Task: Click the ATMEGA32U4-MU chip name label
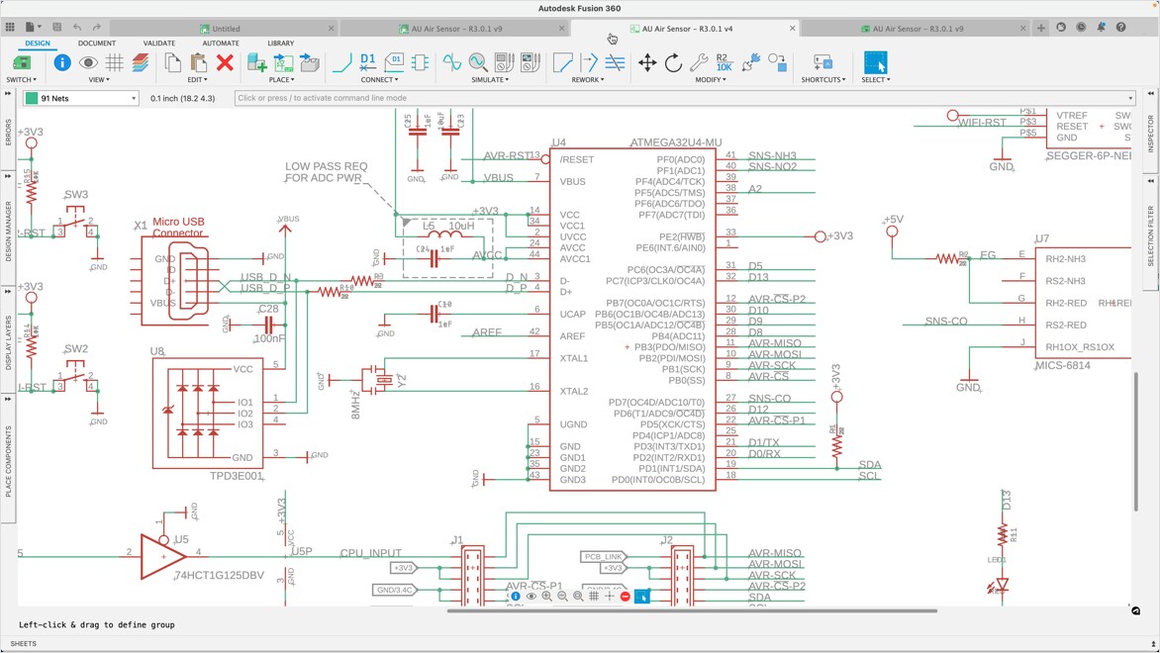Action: click(676, 142)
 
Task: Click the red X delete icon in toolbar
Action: click(225, 63)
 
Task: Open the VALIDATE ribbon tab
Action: click(158, 44)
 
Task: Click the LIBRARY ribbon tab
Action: click(280, 44)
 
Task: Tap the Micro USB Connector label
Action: click(178, 229)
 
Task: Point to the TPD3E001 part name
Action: click(236, 476)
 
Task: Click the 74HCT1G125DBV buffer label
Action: click(219, 575)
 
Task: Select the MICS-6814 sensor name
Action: click(1062, 365)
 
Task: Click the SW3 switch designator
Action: click(76, 195)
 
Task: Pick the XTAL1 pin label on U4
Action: click(574, 358)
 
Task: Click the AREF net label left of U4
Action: click(487, 332)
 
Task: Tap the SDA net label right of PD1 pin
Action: click(870, 465)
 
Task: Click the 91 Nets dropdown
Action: click(81, 98)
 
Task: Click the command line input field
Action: click(683, 98)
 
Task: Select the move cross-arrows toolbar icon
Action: click(646, 63)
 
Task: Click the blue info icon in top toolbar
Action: click(62, 63)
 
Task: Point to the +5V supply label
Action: click(893, 220)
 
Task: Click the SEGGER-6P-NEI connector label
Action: click(1088, 155)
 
